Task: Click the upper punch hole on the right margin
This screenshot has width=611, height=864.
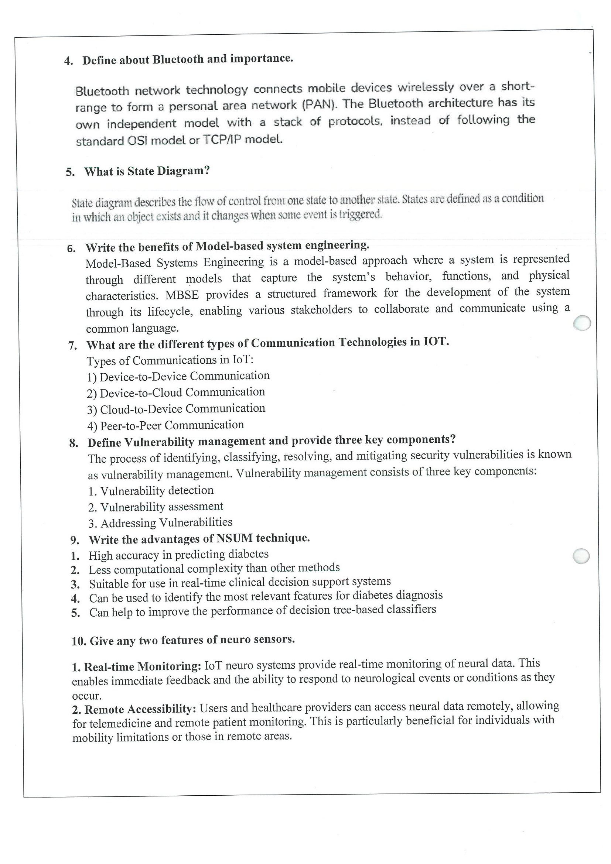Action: click(x=582, y=323)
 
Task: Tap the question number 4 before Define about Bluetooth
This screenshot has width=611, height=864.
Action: click(x=68, y=61)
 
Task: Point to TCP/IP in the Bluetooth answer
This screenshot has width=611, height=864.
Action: click(x=222, y=140)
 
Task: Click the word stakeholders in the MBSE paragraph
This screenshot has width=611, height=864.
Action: click(x=321, y=310)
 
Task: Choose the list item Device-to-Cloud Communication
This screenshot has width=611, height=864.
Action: click(x=176, y=392)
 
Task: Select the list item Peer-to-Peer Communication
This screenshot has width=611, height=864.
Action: click(x=165, y=425)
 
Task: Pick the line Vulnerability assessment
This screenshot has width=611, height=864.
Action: click(x=156, y=507)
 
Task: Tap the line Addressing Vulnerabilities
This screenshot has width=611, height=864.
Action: click(x=160, y=523)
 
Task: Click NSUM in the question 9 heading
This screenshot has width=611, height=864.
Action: click(x=235, y=539)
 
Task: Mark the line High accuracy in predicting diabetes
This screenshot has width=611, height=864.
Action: click(x=178, y=555)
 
